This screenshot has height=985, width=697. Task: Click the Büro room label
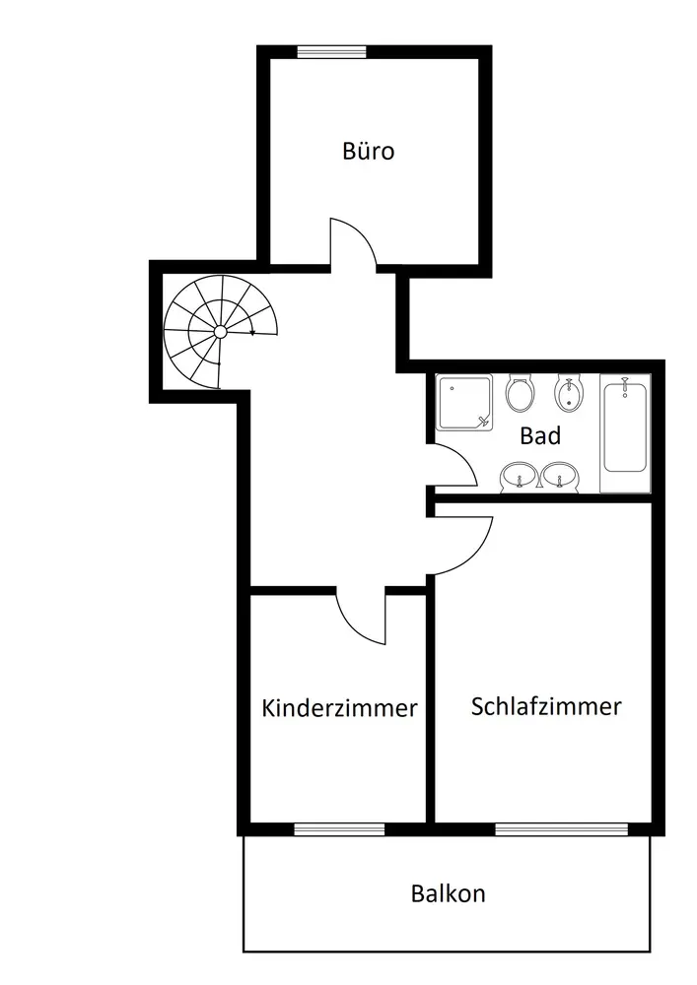pyautogui.click(x=369, y=151)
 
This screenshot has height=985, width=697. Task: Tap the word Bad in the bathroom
pyautogui.click(x=539, y=435)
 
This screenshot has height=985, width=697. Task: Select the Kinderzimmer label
pyautogui.click(x=339, y=708)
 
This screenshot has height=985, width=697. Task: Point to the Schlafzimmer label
pyautogui.click(x=545, y=706)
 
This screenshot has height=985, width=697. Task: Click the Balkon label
pyautogui.click(x=448, y=894)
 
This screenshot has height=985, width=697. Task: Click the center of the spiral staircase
pyautogui.click(x=219, y=332)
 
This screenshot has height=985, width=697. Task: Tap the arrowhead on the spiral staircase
pyautogui.click(x=253, y=333)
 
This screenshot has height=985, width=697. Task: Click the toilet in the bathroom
pyautogui.click(x=520, y=394)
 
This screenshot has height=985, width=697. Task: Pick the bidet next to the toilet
pyautogui.click(x=567, y=395)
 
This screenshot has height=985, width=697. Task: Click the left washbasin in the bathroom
pyautogui.click(x=517, y=477)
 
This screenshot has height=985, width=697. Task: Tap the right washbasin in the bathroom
pyautogui.click(x=559, y=477)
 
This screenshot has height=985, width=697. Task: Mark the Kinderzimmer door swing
pyautogui.click(x=361, y=619)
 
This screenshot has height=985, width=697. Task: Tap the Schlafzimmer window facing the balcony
pyautogui.click(x=561, y=828)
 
